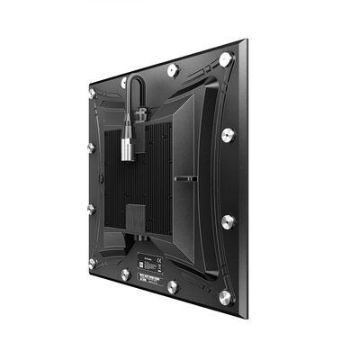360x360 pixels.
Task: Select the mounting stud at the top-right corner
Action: click(225, 59)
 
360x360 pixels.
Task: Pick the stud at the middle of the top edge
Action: click(173, 69)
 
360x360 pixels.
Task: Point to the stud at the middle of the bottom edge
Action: click(172, 287)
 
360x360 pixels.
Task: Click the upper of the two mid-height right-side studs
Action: click(229, 135)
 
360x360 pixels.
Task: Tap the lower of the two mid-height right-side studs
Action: click(229, 220)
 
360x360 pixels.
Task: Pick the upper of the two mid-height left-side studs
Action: click(91, 147)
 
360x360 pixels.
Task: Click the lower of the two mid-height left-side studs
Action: click(91, 208)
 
